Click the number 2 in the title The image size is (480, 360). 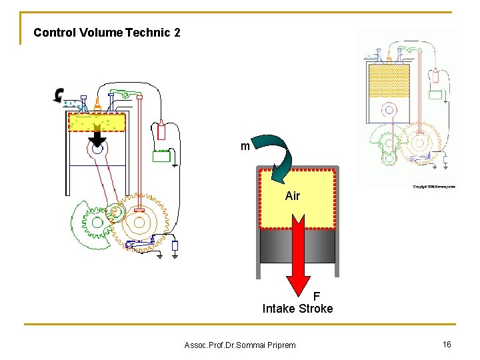[177, 32]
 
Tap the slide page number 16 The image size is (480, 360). [447, 343]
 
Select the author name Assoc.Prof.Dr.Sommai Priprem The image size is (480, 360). [239, 345]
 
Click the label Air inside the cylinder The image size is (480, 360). [292, 196]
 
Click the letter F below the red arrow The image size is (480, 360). [317, 296]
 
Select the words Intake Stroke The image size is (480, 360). [297, 309]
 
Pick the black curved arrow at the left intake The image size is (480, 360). [59, 95]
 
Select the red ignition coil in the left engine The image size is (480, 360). [161, 131]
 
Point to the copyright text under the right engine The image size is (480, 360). [433, 187]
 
